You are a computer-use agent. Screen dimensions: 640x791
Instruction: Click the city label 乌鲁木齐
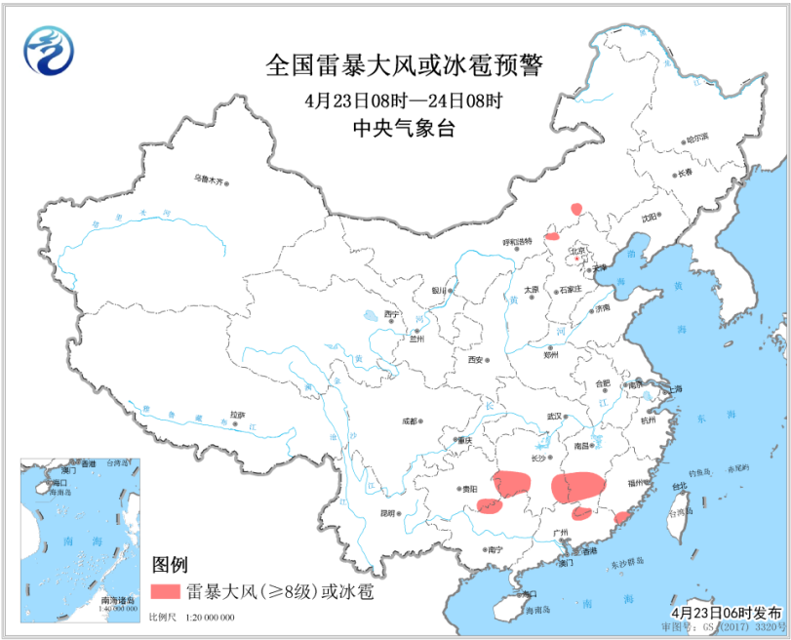(208, 180)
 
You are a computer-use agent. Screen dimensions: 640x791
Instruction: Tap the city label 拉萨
(222, 414)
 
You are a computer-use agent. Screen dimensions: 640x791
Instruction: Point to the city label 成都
(408, 421)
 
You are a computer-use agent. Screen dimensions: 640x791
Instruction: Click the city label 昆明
(388, 512)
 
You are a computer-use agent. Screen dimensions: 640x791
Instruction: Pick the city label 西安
(475, 360)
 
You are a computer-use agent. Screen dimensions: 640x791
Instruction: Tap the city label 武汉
(556, 418)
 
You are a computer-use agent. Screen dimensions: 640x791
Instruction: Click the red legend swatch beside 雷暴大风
(166, 591)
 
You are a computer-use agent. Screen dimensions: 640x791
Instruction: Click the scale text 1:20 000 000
(206, 619)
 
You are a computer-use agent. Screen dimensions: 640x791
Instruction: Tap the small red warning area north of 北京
(576, 208)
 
